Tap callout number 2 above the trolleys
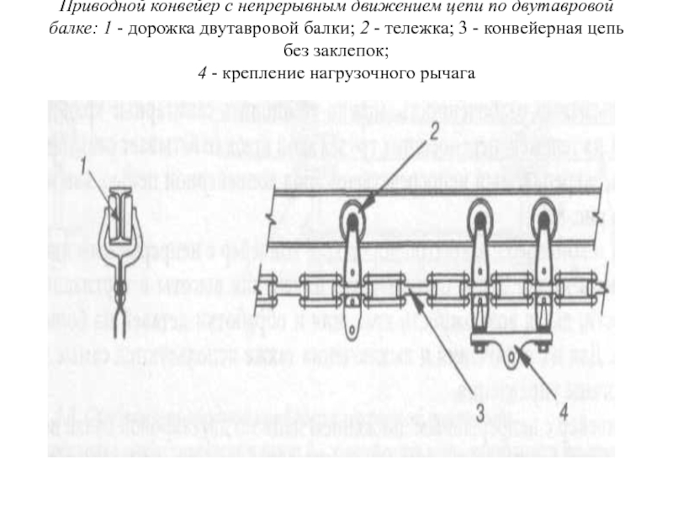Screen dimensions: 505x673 434,131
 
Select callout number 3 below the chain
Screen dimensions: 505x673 479,412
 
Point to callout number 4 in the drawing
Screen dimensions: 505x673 563,412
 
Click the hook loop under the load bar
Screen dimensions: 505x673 509,357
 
